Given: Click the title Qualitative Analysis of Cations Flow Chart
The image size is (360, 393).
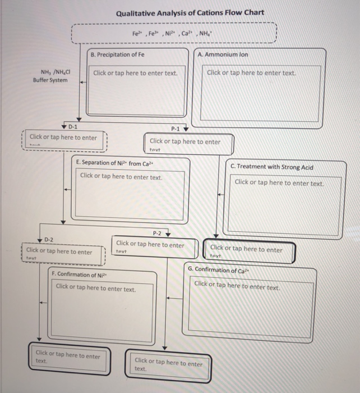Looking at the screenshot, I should (x=190, y=13).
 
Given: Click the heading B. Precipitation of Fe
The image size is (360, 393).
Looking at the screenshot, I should (x=118, y=54).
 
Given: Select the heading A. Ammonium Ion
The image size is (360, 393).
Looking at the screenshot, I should (x=223, y=54).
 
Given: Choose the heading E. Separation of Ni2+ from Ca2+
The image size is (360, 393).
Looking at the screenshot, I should (x=114, y=163).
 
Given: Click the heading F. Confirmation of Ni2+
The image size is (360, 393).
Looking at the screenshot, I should (x=79, y=275).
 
